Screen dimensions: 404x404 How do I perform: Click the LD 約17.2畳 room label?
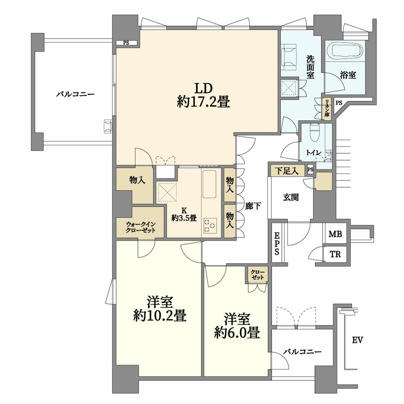[203, 95]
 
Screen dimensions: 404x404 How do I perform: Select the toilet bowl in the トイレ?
[315, 133]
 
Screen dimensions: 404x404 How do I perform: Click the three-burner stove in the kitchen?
[210, 226]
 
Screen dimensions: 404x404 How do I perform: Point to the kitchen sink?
[209, 184]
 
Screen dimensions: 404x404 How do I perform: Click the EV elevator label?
[358, 340]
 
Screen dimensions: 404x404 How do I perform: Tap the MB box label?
[335, 234]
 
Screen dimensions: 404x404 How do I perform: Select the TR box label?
[335, 254]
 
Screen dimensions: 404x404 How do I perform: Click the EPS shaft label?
[277, 244]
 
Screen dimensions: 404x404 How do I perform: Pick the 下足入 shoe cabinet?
[287, 170]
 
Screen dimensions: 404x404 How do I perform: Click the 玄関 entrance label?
[291, 197]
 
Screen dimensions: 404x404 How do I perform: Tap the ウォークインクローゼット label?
[140, 227]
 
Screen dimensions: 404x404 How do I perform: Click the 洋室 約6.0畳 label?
[237, 326]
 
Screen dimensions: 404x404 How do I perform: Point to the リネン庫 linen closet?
[327, 109]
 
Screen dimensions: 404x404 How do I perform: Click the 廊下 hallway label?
[252, 206]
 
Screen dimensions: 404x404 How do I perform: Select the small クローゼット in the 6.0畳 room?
[258, 274]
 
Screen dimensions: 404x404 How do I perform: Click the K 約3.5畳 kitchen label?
[184, 215]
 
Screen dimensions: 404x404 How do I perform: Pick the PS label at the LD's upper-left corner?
[126, 43]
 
